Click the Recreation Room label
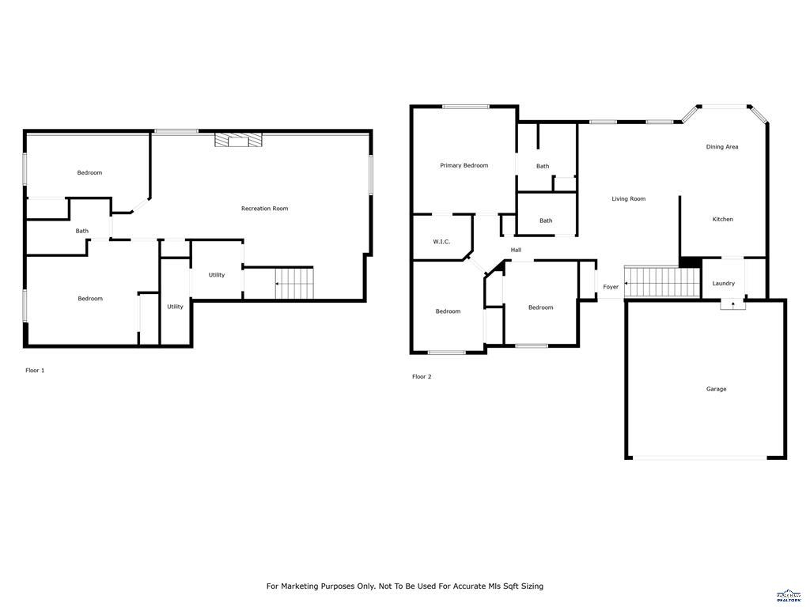point(264,209)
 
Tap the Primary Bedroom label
point(464,165)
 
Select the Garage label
point(716,389)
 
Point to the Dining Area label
point(721,147)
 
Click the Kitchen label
point(722,219)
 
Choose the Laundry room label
point(723,283)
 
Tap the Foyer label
point(611,287)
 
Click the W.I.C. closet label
point(441,241)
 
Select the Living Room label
point(628,199)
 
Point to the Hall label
point(516,250)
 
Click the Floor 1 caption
point(35,370)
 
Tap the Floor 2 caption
point(422,376)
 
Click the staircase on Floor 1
point(293,283)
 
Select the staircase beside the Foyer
point(663,281)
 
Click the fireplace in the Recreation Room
point(237,140)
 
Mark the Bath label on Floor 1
point(82,231)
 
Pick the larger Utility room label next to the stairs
point(217,275)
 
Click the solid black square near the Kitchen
point(690,263)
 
